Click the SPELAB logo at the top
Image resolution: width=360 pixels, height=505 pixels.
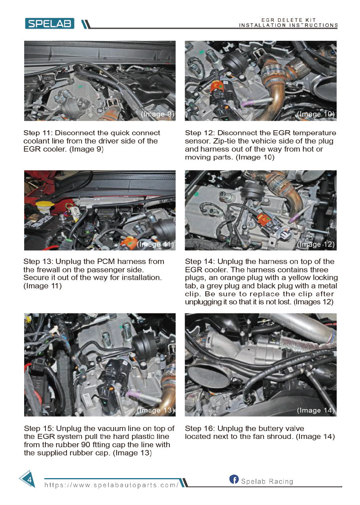(x=49, y=23)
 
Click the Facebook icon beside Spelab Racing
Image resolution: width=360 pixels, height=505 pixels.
(x=234, y=480)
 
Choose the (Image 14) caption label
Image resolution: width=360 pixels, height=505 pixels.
(x=316, y=410)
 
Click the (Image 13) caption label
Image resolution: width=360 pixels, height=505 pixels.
(x=155, y=410)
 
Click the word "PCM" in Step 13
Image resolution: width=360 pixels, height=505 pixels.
(x=112, y=262)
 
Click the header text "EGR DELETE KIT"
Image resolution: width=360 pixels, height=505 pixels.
(x=288, y=20)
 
